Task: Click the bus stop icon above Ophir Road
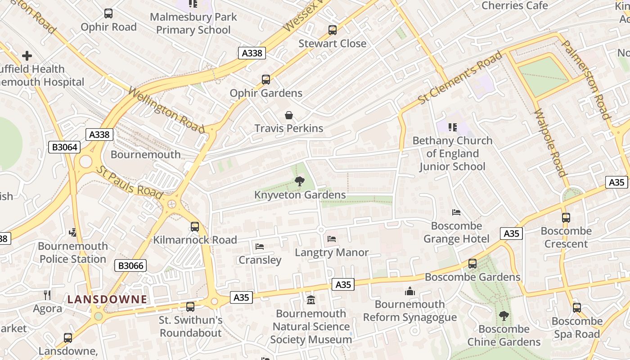coord(108,13)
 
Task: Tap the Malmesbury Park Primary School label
coord(193,23)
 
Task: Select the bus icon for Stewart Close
coord(333,30)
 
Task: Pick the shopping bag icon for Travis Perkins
coord(289,115)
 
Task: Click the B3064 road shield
coord(64,147)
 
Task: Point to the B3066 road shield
coord(131,265)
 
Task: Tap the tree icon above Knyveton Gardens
coord(299,181)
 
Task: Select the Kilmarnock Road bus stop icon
coord(195,226)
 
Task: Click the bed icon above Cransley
coord(260,246)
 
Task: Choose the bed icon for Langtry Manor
coord(332,238)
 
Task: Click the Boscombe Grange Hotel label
coord(456,232)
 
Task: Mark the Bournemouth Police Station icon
coord(73,232)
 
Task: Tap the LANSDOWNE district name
coord(107,299)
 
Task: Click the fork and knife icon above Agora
coord(47,295)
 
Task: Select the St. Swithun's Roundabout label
coord(191,327)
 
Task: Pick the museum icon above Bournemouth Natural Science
coord(311,300)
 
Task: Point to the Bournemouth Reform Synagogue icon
coord(409,291)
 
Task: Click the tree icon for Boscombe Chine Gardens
coord(504,316)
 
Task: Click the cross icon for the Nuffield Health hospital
coord(27,56)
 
